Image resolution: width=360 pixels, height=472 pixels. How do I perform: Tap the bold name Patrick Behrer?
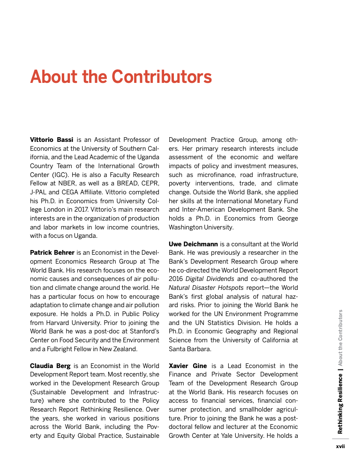52,252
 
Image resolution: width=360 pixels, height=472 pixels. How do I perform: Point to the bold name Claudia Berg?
50,366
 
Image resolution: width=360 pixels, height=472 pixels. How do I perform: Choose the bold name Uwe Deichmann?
193,244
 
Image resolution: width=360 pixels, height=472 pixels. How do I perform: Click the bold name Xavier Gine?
187,366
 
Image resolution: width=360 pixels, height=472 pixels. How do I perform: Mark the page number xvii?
340,446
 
